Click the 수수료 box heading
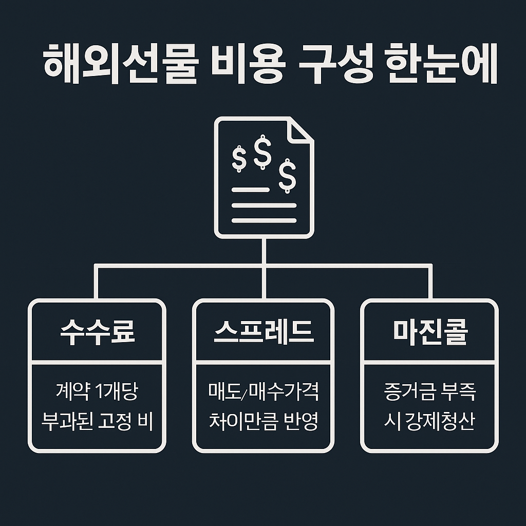click(98, 332)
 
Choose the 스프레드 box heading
click(263, 332)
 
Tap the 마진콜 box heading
click(430, 332)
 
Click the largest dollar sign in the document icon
click(263, 152)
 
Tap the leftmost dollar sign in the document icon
click(238, 158)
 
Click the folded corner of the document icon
click(300, 129)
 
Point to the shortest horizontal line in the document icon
click(250, 190)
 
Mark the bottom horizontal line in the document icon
click(264, 220)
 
